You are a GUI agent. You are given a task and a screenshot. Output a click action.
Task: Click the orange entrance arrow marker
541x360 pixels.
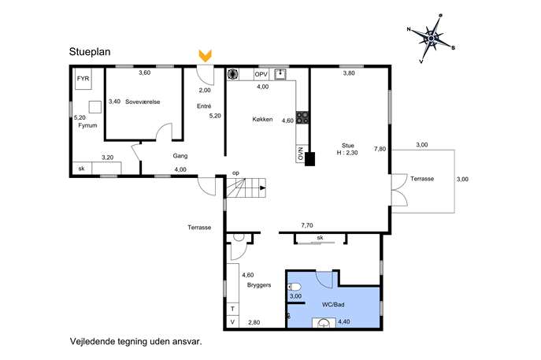[x=206, y=56]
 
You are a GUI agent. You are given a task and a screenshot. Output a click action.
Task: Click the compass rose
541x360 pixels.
[x=432, y=38]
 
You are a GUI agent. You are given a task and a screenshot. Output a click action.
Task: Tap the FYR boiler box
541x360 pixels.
[x=83, y=79]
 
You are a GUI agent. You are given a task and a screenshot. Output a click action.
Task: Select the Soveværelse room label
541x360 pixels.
[x=143, y=102]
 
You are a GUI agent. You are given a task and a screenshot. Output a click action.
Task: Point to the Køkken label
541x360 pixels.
[x=262, y=119]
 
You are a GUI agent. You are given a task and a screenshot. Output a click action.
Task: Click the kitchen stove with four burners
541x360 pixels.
[x=302, y=117]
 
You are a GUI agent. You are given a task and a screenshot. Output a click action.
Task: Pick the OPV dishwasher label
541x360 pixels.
[x=261, y=75]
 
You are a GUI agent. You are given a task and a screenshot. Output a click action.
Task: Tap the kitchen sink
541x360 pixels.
[x=280, y=74]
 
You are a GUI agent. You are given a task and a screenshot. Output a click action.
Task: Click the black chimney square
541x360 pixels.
[x=309, y=159]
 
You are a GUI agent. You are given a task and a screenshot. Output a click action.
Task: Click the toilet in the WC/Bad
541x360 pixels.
[x=294, y=287]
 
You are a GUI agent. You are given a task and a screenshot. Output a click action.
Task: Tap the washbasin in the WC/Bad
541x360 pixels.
[x=324, y=323]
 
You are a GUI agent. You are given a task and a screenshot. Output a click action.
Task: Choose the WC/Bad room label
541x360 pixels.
[x=333, y=305]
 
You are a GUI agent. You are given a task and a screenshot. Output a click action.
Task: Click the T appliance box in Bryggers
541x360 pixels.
[x=232, y=309]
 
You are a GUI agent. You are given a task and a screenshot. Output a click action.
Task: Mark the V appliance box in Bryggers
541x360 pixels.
[x=232, y=321]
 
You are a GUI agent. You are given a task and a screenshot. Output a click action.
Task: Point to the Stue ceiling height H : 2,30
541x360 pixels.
[x=347, y=153]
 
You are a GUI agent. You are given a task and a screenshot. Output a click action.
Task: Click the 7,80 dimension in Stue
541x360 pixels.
[x=380, y=149]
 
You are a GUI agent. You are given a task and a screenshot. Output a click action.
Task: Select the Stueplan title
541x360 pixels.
[x=90, y=52]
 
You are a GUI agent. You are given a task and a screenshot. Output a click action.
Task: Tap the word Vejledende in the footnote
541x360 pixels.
[x=92, y=341]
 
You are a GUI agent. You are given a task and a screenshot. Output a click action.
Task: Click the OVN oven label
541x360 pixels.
[x=301, y=154]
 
